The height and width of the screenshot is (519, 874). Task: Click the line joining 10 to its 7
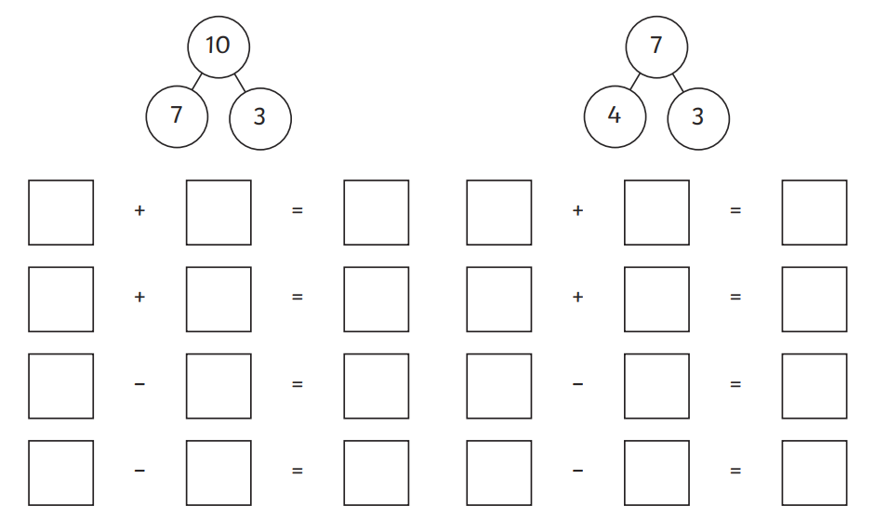click(197, 82)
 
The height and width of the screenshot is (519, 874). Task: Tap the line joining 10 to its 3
click(240, 83)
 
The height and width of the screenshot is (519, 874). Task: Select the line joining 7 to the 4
click(635, 82)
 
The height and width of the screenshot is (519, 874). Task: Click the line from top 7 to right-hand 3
click(678, 83)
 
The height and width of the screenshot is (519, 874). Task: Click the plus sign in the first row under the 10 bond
click(139, 210)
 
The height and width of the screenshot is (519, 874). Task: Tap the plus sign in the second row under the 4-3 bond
click(578, 297)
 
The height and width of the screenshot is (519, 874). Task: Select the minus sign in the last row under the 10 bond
click(139, 471)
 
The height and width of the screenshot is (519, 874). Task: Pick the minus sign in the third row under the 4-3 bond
click(578, 383)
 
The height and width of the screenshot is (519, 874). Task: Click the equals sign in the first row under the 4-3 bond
click(735, 210)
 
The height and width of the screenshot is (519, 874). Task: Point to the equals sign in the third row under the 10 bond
click(298, 383)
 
